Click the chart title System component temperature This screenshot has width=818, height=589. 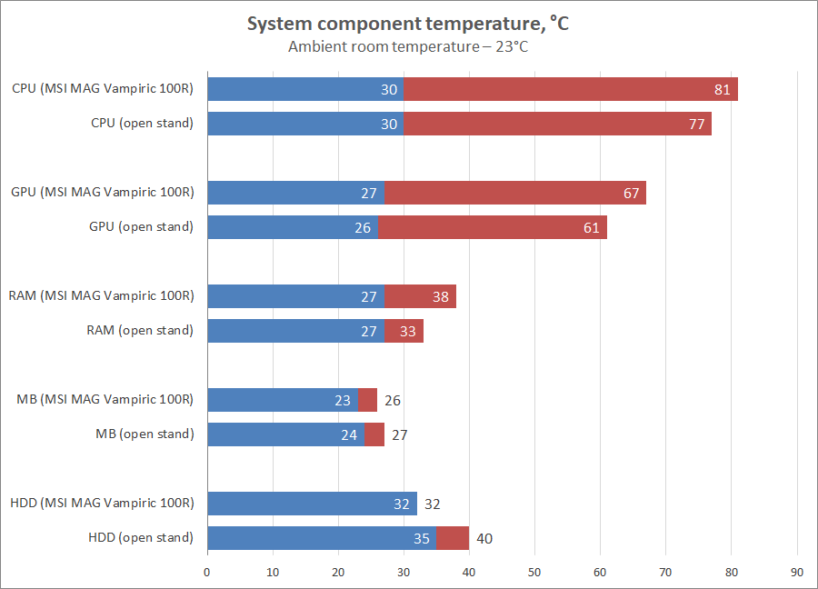pyautogui.click(x=408, y=24)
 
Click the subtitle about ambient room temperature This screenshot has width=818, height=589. pyautogui.click(x=408, y=46)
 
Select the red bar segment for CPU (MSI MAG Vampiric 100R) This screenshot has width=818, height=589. pyautogui.click(x=570, y=89)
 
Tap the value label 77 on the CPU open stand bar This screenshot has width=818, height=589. pyautogui.click(x=697, y=124)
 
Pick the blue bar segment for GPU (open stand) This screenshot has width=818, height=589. pyautogui.click(x=292, y=227)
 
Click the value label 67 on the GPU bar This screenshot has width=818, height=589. pyautogui.click(x=632, y=193)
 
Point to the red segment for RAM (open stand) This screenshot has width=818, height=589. pyautogui.click(x=404, y=331)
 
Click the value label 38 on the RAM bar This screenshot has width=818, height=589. pyautogui.click(x=440, y=296)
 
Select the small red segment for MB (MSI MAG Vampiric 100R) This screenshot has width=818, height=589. pyautogui.click(x=367, y=400)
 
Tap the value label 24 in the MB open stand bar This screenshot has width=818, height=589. pyautogui.click(x=349, y=434)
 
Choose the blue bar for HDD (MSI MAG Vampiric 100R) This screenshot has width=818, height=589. pyautogui.click(x=312, y=504)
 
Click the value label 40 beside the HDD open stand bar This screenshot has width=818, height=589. pyautogui.click(x=484, y=538)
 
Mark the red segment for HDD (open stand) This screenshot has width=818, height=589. pyautogui.click(x=452, y=538)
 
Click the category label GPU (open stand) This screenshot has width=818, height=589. pyautogui.click(x=141, y=227)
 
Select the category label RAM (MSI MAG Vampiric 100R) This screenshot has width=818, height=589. pyautogui.click(x=101, y=296)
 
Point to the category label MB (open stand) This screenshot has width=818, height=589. pyautogui.click(x=145, y=434)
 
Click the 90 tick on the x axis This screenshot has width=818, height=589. pyautogui.click(x=797, y=572)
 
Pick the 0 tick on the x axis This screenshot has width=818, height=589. pyautogui.click(x=207, y=572)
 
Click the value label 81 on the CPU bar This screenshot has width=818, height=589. pyautogui.click(x=723, y=89)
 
